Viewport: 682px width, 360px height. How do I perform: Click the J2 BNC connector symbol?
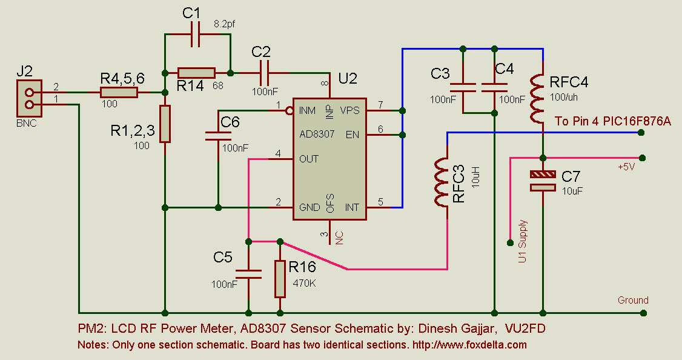coord(29,98)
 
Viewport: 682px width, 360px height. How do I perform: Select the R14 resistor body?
coord(196,73)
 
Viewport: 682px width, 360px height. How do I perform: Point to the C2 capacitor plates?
coord(264,73)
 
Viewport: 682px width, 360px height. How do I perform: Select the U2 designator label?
coord(348,78)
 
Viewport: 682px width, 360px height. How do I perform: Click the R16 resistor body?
coord(280,279)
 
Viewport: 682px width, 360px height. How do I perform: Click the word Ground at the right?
coord(633,300)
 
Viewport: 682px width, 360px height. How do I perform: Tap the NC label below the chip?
coord(339,238)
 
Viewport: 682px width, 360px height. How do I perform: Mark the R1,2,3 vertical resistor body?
coord(165,124)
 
